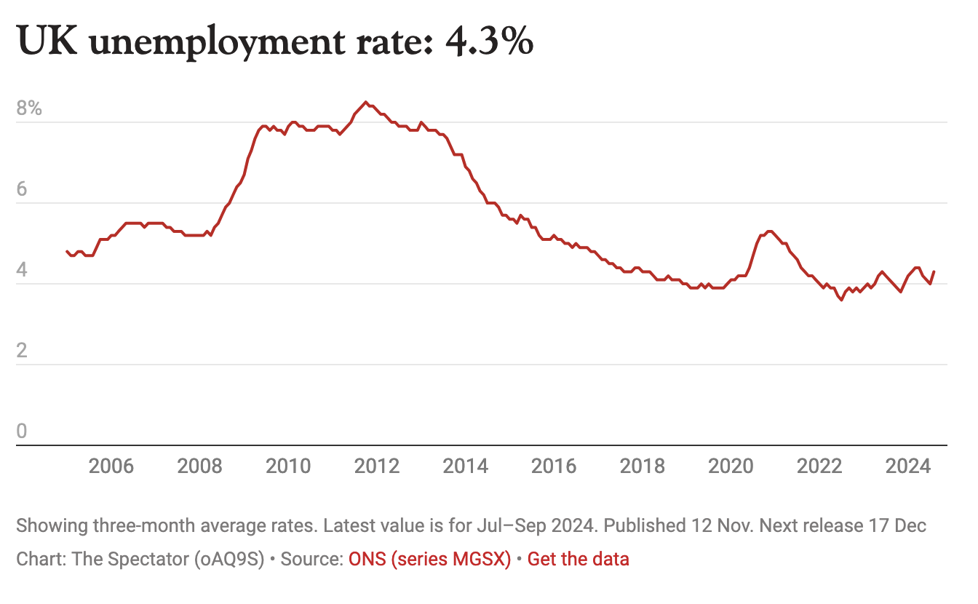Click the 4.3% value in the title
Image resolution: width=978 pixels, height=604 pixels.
[x=490, y=43]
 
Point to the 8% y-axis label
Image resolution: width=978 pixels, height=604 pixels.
[x=30, y=110]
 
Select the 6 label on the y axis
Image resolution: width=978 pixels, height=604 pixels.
[x=22, y=191]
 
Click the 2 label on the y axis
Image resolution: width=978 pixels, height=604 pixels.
[x=22, y=352]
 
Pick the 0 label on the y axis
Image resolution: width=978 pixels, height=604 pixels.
[x=22, y=432]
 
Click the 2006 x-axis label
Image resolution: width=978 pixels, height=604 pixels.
[x=111, y=466]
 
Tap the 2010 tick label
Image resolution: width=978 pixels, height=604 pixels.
[x=288, y=466]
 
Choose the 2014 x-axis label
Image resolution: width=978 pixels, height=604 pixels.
[x=466, y=466]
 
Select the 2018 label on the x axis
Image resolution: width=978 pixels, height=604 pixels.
[x=643, y=466]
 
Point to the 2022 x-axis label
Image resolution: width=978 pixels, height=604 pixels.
[x=819, y=466]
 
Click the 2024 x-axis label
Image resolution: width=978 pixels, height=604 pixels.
[x=908, y=466]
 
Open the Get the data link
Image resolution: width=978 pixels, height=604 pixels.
[x=578, y=559]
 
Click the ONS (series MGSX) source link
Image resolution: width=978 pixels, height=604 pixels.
[x=429, y=559]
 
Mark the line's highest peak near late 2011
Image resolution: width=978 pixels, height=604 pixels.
[x=365, y=102]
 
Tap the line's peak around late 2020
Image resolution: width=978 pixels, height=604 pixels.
[x=769, y=231]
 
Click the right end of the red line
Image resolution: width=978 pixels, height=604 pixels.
[x=934, y=271]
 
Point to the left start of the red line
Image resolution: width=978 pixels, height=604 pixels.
[x=67, y=251]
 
